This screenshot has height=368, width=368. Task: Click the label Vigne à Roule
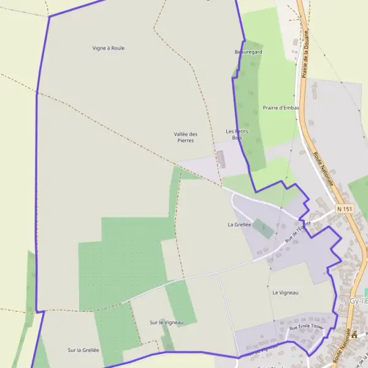(109, 48)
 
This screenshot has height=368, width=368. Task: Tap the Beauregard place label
(248, 52)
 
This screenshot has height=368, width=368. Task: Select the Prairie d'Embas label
(281, 108)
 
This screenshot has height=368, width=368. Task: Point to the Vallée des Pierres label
(185, 137)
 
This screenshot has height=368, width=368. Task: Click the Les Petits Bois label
(237, 134)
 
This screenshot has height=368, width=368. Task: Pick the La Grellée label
(239, 224)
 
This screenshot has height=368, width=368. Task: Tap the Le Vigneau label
(285, 293)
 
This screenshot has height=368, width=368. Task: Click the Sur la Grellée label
(83, 350)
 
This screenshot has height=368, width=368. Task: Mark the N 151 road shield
(345, 209)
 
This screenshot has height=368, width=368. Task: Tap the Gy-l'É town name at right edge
(358, 301)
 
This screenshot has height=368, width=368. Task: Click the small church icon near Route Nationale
(354, 334)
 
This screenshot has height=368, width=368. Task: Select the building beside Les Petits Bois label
(221, 159)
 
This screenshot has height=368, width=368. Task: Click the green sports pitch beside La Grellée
(264, 228)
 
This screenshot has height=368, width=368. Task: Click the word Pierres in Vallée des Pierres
(185, 140)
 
